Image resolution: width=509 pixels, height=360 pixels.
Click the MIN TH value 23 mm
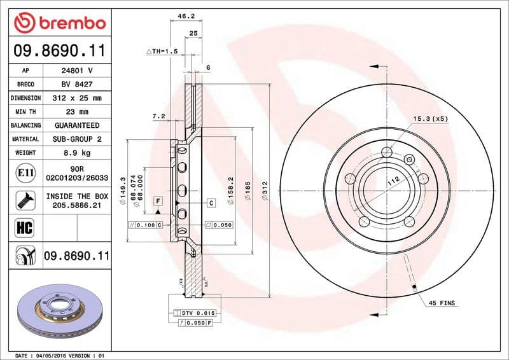[77, 112]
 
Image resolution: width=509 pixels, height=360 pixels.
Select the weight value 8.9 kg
[77, 153]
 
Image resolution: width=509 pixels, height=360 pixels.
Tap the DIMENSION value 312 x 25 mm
[77, 99]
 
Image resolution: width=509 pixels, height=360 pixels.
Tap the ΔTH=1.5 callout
[162, 51]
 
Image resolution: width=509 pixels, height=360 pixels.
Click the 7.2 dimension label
[159, 116]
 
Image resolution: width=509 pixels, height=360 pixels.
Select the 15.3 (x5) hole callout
[431, 119]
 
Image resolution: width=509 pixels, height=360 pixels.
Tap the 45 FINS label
[442, 303]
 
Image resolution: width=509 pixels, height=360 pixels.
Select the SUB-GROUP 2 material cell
[77, 139]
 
